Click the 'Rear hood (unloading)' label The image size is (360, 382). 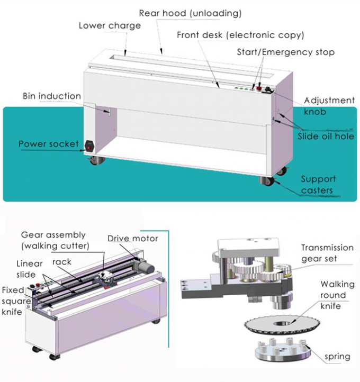(190, 13)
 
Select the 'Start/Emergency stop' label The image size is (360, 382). (285, 52)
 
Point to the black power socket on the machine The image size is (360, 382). (89, 144)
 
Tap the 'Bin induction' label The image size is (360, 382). (51, 96)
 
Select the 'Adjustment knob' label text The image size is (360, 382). (329, 105)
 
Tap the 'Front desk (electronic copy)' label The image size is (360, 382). (241, 35)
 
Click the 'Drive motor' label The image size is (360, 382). (132, 239)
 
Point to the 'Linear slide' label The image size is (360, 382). (30, 268)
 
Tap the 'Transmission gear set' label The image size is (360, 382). (327, 252)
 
